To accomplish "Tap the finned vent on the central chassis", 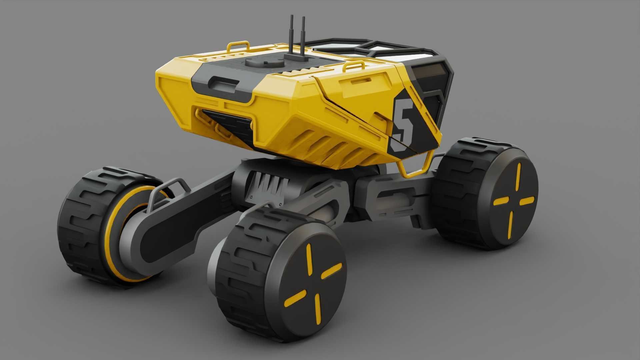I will tap(270, 185).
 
